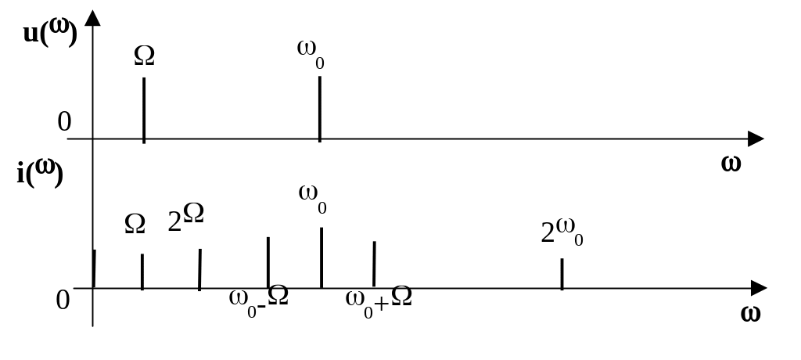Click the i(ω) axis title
pos(39,172)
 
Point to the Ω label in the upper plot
pos(144,55)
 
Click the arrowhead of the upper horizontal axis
pos(755,139)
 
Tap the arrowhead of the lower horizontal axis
pos(757,288)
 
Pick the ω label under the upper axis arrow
pos(731,164)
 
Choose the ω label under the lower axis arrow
pos(750,314)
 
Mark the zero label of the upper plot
pos(64,121)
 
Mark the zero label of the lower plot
pos(63,300)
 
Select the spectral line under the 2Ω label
pos(200,269)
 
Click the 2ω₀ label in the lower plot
pos(562,232)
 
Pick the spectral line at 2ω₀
pos(562,273)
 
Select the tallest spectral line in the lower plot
pos(321,257)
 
